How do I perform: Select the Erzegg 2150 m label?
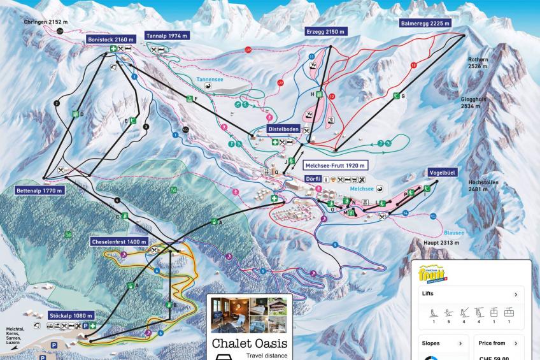click(326, 31)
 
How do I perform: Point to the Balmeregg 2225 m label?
click(425, 23)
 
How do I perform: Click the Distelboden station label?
click(283, 128)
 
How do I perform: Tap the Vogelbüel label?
click(427, 172)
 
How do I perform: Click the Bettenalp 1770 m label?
click(39, 190)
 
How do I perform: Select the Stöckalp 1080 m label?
click(71, 315)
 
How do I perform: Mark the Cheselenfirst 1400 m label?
click(119, 242)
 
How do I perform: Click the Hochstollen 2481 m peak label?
click(483, 185)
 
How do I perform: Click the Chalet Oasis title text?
click(250, 343)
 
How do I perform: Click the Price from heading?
click(492, 343)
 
